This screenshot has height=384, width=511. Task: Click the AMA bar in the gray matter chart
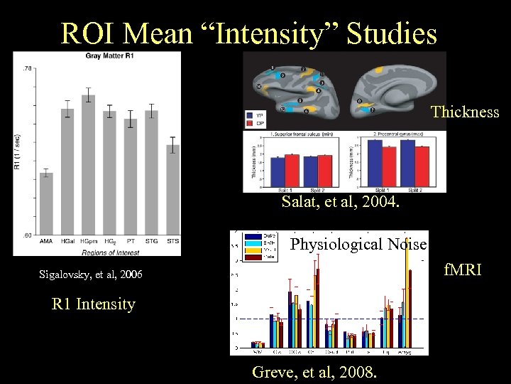click(x=46, y=203)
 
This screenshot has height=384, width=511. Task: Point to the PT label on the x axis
click(x=130, y=241)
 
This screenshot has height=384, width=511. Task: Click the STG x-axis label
click(x=151, y=241)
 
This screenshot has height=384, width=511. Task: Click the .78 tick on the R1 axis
click(x=28, y=68)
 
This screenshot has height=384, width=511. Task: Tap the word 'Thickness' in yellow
click(x=465, y=112)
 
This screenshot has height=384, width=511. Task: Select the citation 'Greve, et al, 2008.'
click(x=315, y=372)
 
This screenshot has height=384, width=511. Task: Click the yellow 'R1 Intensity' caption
click(x=94, y=304)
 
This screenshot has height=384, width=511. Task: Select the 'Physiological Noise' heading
click(x=359, y=245)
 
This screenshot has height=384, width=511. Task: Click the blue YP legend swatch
click(x=249, y=114)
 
